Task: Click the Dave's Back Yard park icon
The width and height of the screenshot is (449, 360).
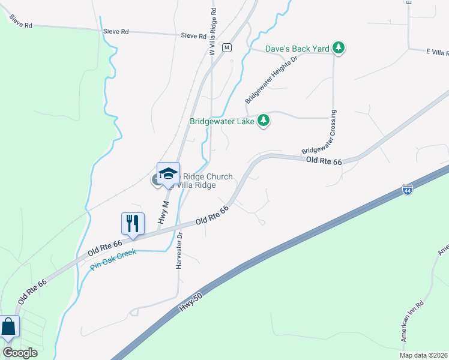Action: (x=339, y=48)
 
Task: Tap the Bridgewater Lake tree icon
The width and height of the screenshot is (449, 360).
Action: (x=263, y=121)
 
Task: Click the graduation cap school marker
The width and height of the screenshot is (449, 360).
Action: (x=168, y=173)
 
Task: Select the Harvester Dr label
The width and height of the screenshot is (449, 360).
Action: (x=179, y=253)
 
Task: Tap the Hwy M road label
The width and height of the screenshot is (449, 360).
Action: (x=163, y=212)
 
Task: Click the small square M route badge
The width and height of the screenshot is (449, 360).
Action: (x=226, y=47)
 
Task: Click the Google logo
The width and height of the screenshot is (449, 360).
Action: (x=20, y=352)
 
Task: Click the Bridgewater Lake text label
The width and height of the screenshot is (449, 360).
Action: (x=222, y=121)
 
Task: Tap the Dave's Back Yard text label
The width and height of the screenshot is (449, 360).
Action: (x=298, y=48)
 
